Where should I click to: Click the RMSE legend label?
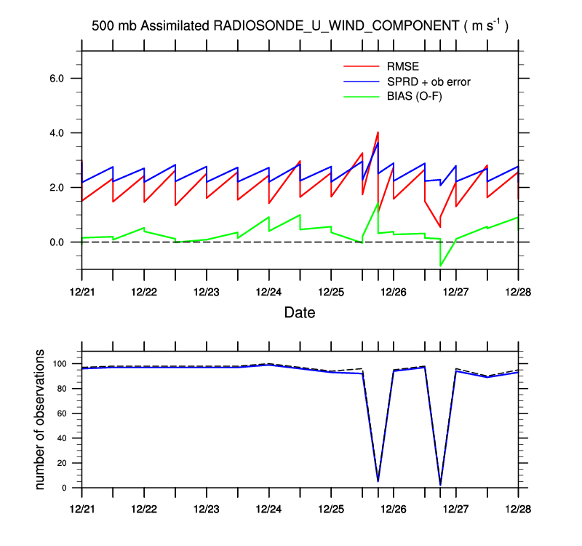click(402, 68)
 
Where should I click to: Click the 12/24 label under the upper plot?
click(269, 291)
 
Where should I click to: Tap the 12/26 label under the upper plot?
click(394, 291)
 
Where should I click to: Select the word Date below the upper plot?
click(300, 313)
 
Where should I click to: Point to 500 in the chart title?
click(103, 26)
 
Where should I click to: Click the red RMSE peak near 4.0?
click(378, 132)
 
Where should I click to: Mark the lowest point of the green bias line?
click(440, 266)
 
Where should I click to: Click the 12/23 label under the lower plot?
click(207, 507)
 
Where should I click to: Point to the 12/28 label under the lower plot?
click(518, 507)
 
